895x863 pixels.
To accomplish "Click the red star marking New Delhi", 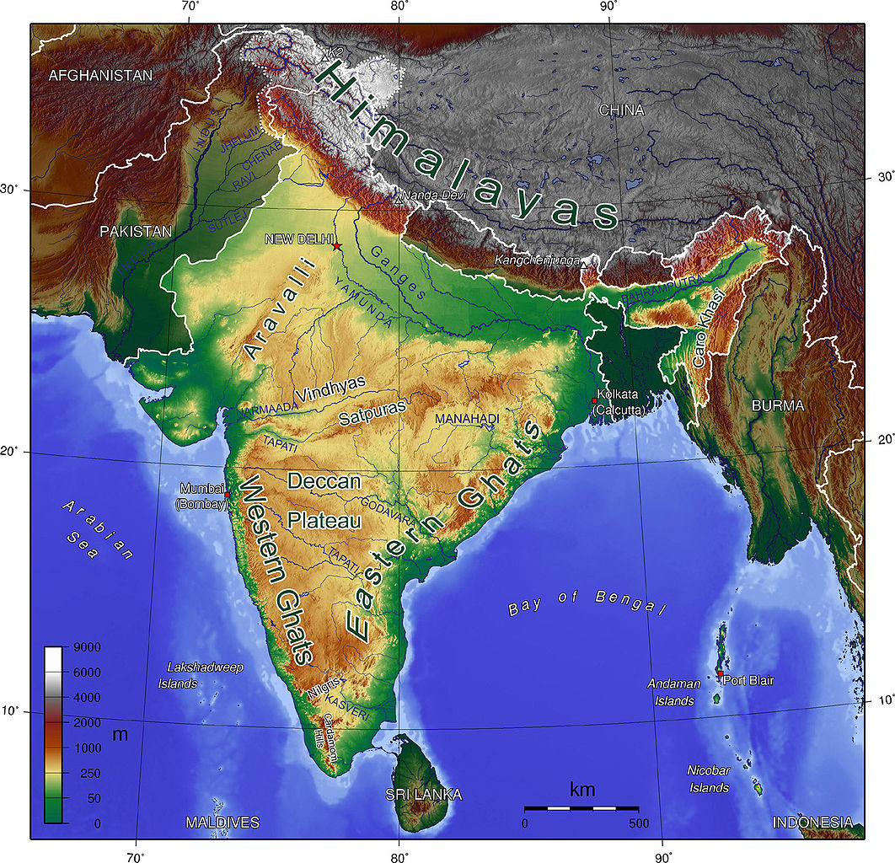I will point(337,246).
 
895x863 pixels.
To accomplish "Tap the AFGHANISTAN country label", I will point(100,76).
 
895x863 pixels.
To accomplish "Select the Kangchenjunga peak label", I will point(537,260).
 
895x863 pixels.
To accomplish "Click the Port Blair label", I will point(748,680).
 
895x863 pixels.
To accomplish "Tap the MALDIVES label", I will point(222,823).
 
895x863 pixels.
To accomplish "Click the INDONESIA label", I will point(812,823).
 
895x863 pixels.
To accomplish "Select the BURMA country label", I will point(778,405).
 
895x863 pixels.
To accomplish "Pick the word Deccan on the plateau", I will point(324,482).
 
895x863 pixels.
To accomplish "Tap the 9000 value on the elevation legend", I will point(86,647).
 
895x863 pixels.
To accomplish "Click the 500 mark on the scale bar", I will point(637,823).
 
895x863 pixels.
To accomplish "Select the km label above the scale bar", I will point(582,790).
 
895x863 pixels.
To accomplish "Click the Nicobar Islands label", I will point(708,779).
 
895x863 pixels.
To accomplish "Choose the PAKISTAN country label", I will point(135,232).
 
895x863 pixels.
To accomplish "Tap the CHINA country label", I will point(621,110).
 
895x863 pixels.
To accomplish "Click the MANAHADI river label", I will point(467,419).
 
